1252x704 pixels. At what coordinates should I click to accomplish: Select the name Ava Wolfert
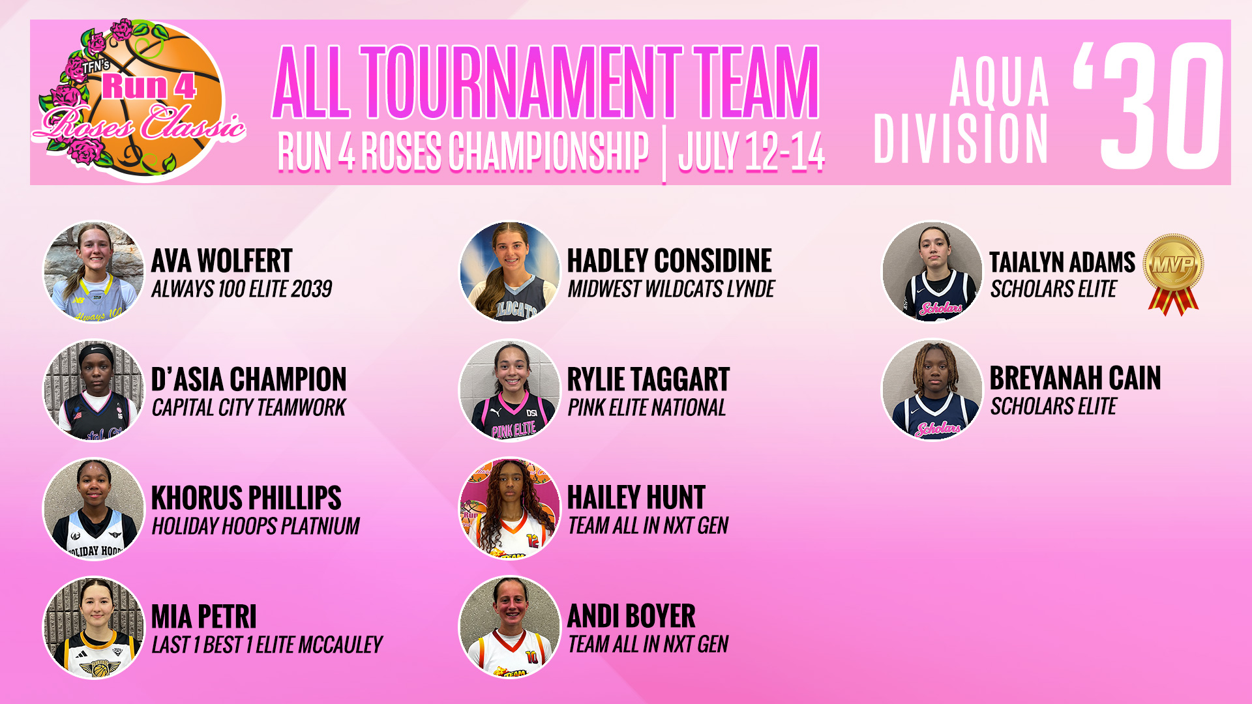[x=222, y=261]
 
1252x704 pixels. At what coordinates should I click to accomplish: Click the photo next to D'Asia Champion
[x=93, y=390]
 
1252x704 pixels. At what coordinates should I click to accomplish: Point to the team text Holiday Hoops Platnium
[x=256, y=526]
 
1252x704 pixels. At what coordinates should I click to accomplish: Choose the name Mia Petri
[x=203, y=617]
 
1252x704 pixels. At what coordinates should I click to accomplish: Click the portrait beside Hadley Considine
[x=510, y=272]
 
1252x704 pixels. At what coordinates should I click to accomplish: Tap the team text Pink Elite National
[x=646, y=408]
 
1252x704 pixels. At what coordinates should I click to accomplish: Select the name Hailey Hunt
[x=636, y=498]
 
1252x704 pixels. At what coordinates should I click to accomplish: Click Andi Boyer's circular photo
[x=510, y=627]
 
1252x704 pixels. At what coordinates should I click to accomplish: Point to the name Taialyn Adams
[x=1062, y=262]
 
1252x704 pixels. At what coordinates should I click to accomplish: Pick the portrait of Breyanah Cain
[x=932, y=389]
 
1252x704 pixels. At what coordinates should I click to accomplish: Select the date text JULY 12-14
[x=751, y=152]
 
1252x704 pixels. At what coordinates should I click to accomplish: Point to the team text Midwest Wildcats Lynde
[x=671, y=289]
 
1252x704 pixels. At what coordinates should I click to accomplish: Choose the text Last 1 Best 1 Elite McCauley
[x=267, y=645]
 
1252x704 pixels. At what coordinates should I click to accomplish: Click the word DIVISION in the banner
[x=961, y=138]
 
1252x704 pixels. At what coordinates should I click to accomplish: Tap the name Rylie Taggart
[x=648, y=379]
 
